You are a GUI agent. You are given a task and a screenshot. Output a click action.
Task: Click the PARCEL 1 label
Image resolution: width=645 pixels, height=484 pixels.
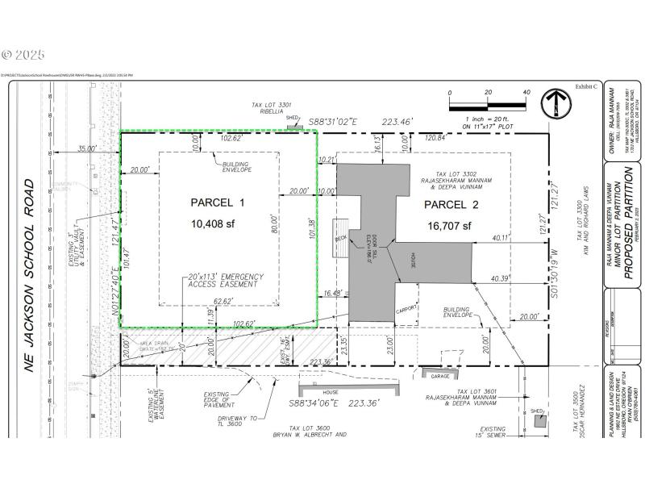217,202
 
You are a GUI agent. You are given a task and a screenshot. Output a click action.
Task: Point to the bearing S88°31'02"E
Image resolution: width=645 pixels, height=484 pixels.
333,121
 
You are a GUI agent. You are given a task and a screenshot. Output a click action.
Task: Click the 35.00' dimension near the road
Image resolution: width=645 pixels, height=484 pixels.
86,148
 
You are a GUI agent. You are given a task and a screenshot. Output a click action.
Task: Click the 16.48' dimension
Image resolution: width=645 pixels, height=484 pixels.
331,294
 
